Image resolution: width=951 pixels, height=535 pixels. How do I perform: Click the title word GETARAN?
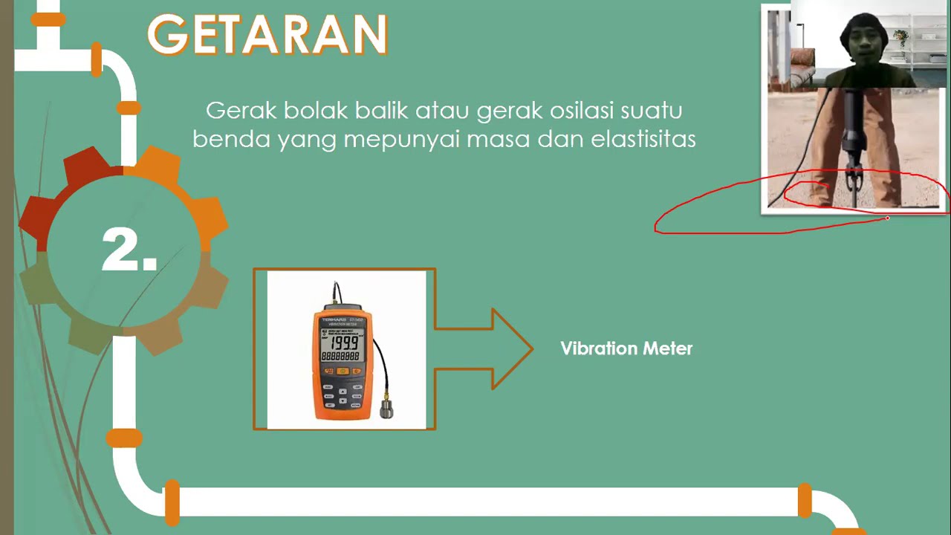click(x=267, y=35)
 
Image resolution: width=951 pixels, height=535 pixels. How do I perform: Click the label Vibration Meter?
click(x=626, y=348)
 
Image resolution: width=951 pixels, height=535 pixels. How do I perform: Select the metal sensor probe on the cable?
click(x=386, y=407)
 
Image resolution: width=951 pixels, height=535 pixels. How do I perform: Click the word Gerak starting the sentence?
click(x=235, y=111)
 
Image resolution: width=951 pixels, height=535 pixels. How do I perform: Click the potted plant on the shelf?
click(x=901, y=37)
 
